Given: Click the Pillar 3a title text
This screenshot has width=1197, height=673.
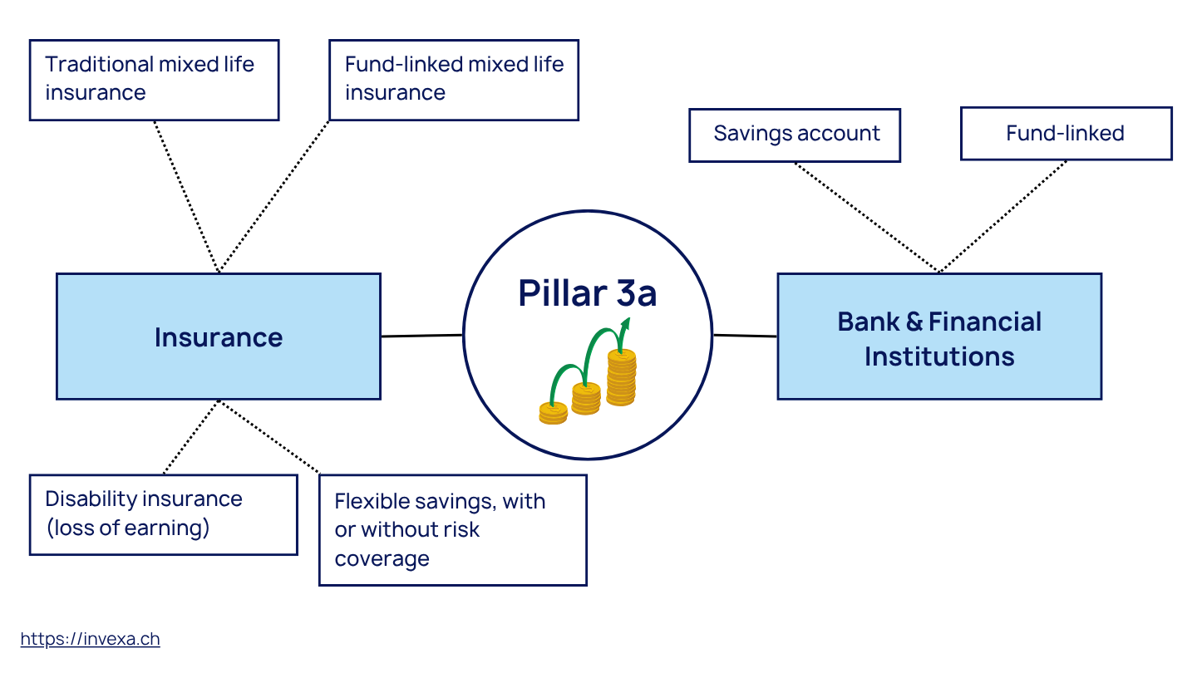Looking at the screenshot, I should tap(587, 293).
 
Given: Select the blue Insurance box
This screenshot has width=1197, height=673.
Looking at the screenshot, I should tap(218, 336).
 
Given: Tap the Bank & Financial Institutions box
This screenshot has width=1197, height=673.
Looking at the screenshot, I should tap(938, 336).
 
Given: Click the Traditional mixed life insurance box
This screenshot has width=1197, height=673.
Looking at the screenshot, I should tap(154, 80).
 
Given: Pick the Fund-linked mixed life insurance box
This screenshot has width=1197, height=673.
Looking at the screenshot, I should tap(453, 80).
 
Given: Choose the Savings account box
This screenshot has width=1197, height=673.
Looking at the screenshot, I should tap(794, 135).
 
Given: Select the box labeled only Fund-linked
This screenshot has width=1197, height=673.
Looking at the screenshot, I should tap(1066, 134).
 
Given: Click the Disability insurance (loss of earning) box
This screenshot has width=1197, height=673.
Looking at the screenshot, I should tap(163, 514).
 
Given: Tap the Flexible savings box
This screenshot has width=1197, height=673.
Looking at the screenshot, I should tap(452, 530).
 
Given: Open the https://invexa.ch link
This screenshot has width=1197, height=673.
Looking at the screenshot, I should tap(90, 639).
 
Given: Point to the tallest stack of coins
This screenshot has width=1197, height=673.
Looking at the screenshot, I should tap(621, 378).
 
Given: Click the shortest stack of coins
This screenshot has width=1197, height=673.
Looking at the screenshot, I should tap(553, 412).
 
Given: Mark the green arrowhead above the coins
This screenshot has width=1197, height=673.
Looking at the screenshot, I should tap(624, 323).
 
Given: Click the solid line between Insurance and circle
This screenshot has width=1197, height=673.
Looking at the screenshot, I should tap(421, 336).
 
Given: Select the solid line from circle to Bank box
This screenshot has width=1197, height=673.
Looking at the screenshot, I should tap(744, 336).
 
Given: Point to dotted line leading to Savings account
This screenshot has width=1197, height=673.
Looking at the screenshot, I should tap(864, 216).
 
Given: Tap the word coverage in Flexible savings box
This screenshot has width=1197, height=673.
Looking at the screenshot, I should tap(382, 558).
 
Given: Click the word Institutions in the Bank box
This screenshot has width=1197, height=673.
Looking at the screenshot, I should tap(938, 356).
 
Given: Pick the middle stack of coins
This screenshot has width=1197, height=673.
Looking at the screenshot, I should tap(586, 399).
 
